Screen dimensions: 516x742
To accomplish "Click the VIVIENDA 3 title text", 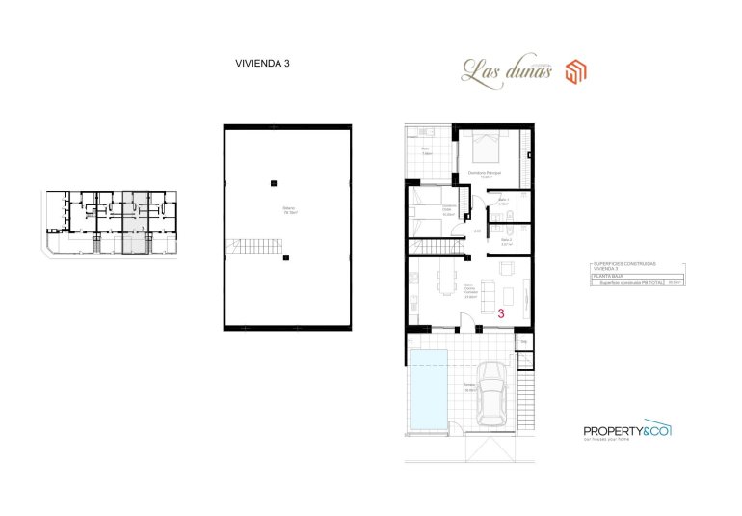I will (262, 63).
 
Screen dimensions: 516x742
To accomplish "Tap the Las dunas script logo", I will (506, 68).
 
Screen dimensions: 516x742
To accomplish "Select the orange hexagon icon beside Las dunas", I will (576, 69).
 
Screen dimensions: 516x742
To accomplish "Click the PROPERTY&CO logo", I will (627, 431).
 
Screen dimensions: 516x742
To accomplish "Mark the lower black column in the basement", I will (284, 257).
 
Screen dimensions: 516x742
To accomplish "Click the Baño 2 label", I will (506, 241).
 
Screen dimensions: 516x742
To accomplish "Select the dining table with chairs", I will (445, 285).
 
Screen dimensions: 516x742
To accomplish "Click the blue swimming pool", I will (428, 391).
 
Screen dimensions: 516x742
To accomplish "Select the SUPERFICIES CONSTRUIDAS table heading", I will (622, 266).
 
